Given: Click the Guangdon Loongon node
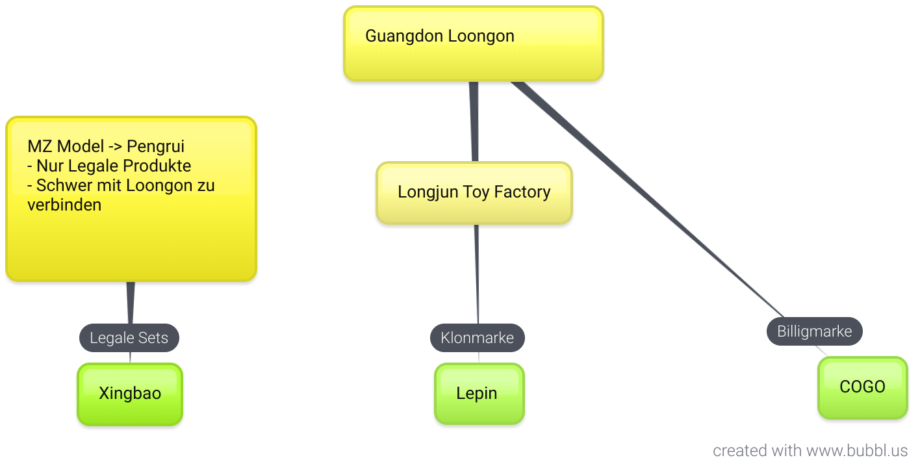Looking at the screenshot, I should [473, 44].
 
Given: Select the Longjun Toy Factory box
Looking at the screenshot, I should [474, 193].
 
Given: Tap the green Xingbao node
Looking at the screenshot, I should [130, 394].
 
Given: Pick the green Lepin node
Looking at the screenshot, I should [479, 394].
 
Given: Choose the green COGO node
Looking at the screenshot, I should [862, 387].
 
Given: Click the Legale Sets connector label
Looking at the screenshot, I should [129, 338].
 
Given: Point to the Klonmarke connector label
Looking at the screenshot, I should [477, 338].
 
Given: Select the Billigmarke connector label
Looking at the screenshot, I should [814, 331].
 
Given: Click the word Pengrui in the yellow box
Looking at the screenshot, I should [155, 146].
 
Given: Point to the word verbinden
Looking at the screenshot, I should [64, 205].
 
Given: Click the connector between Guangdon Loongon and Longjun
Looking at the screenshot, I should [474, 121].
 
